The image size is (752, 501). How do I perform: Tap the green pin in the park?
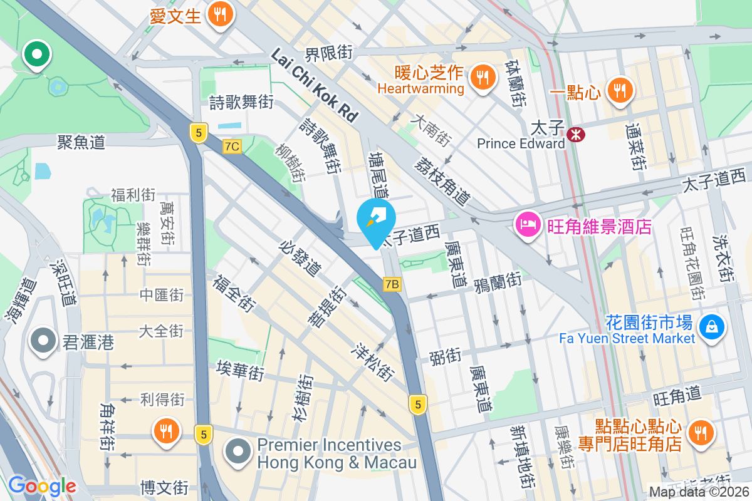pyautogui.click(x=37, y=54)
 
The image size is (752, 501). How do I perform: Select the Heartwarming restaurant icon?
pyautogui.click(x=481, y=78)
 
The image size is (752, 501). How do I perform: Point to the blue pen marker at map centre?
pyautogui.click(x=376, y=220)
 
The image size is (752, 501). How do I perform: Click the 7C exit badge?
pyautogui.click(x=232, y=147)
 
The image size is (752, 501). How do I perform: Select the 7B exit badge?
pyautogui.click(x=392, y=284)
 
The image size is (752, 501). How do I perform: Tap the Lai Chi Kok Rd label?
pyautogui.click(x=314, y=85)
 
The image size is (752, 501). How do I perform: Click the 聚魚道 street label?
pyautogui.click(x=81, y=143)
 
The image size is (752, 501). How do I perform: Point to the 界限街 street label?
pyautogui.click(x=328, y=53)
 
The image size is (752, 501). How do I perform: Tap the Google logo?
pyautogui.click(x=42, y=485)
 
